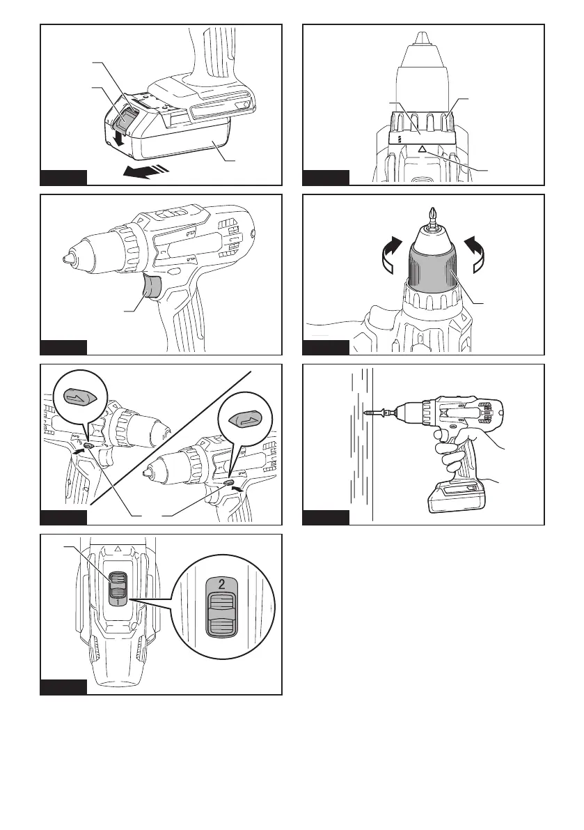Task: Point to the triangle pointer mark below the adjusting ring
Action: (420, 148)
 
